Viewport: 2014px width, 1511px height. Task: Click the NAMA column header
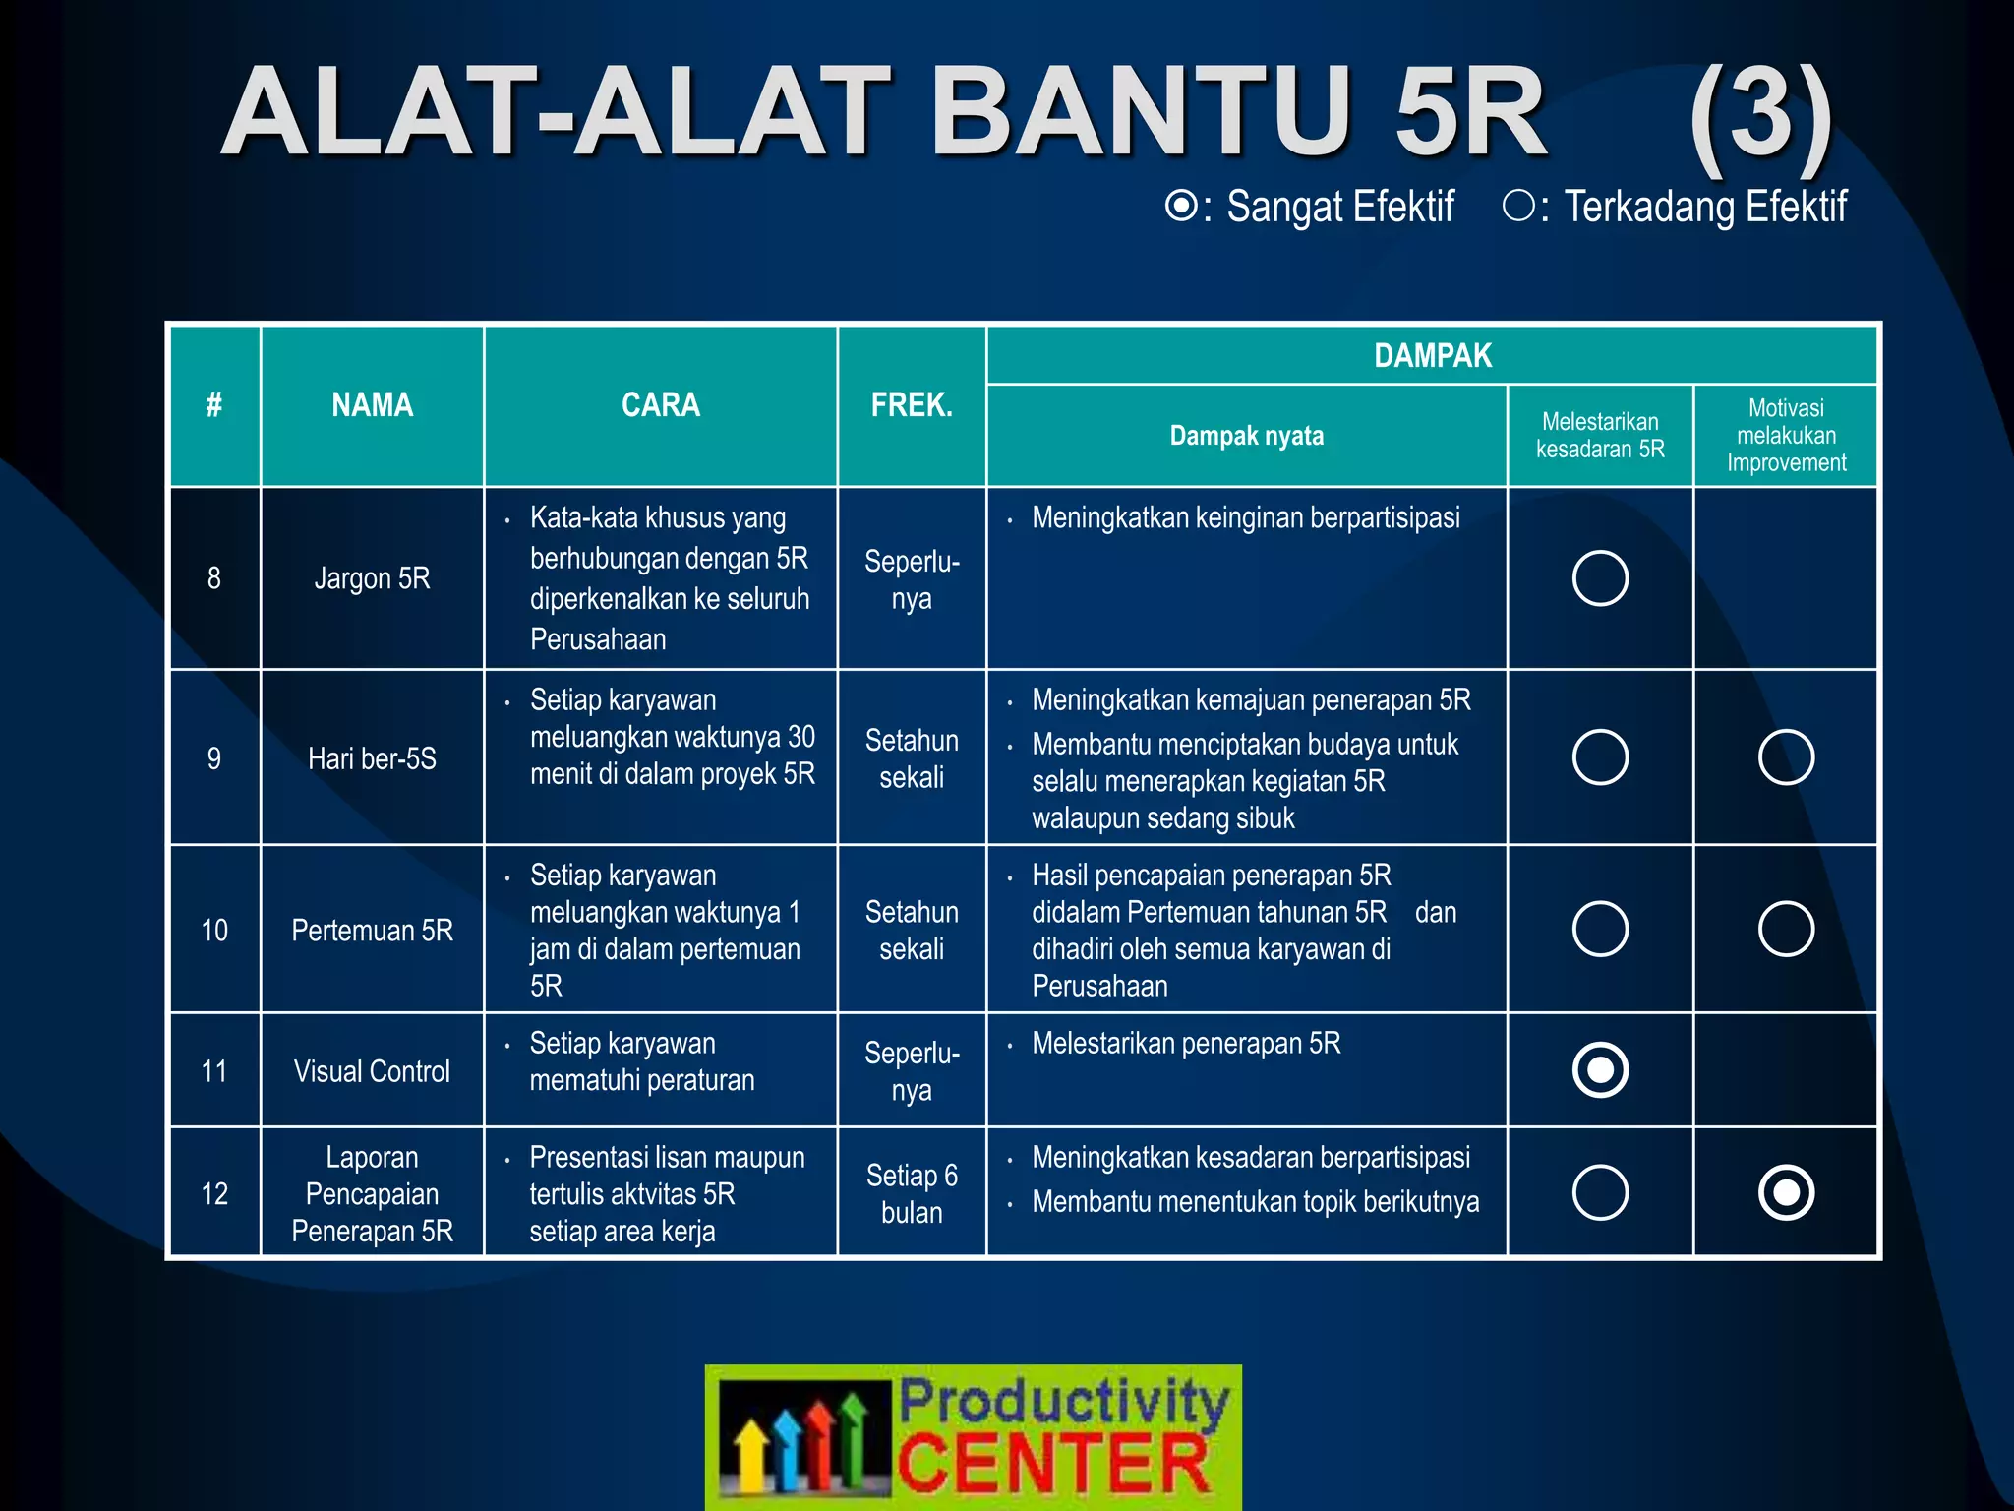click(x=372, y=405)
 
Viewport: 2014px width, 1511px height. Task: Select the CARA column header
click(x=660, y=405)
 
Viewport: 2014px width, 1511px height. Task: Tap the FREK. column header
click(x=912, y=405)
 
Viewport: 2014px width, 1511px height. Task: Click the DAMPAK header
click(x=1432, y=355)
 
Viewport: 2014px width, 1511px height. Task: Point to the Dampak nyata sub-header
click(x=1246, y=436)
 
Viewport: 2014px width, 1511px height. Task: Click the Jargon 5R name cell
click(x=372, y=578)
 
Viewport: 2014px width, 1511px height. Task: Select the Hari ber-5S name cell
click(x=372, y=758)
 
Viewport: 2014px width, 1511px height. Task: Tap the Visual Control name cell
click(x=372, y=1071)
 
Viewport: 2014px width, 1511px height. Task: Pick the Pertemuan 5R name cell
click(x=372, y=931)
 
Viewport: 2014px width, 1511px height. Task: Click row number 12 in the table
click(x=214, y=1194)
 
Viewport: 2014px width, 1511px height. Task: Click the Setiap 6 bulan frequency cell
click(x=912, y=1193)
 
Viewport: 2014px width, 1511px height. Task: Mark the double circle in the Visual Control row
click(x=1600, y=1070)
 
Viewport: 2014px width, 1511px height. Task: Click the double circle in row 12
click(x=1786, y=1193)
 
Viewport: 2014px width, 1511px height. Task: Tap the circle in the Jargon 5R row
click(x=1600, y=578)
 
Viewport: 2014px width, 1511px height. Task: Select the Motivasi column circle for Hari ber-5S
click(x=1786, y=757)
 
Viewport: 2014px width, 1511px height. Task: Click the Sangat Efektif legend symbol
click(x=1180, y=207)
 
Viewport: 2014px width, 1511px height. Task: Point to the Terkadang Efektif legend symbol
click(x=1518, y=206)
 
